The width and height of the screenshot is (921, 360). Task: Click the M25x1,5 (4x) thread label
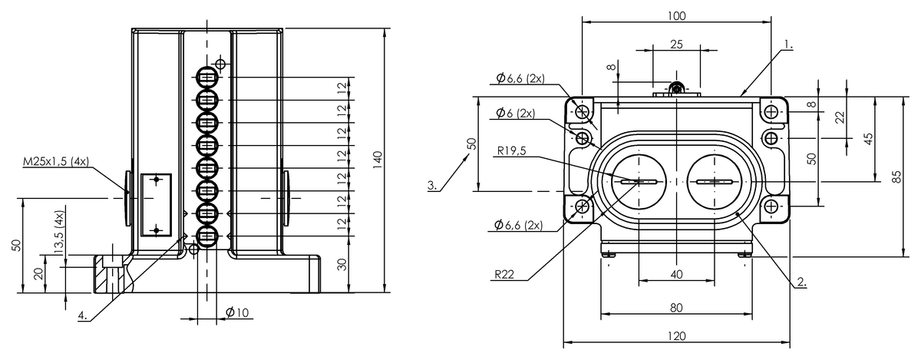click(x=56, y=162)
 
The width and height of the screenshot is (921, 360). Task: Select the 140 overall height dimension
click(x=377, y=160)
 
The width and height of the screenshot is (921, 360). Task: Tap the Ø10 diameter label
click(x=237, y=312)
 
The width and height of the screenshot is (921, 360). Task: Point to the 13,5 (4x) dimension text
click(x=60, y=233)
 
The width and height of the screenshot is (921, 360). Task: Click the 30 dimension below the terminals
click(x=342, y=265)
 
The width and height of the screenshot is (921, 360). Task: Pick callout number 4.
click(x=83, y=315)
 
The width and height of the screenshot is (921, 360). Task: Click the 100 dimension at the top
click(x=676, y=16)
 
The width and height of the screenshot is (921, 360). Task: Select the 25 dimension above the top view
click(x=676, y=45)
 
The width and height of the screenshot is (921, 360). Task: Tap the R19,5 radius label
click(x=511, y=151)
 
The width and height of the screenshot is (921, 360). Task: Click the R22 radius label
click(x=504, y=275)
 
